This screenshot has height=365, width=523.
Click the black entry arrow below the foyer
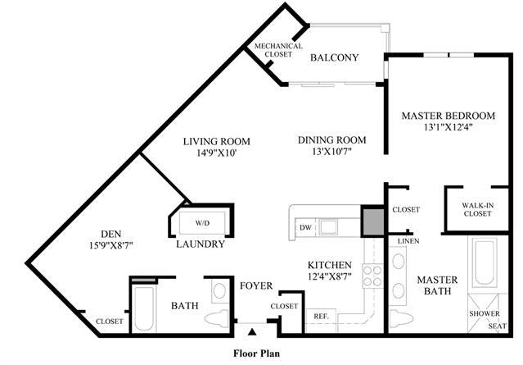click(252, 331)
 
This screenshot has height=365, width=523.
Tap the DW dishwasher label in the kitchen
click(305, 228)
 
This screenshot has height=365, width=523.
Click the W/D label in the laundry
click(202, 223)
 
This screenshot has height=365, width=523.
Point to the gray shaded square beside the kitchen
click(373, 221)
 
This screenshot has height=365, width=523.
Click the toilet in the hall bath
click(217, 318)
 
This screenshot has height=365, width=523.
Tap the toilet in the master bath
click(401, 319)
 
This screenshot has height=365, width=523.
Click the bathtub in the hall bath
click(144, 308)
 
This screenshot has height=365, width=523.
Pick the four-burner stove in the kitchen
click(372, 276)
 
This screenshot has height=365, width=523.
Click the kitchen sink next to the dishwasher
click(328, 227)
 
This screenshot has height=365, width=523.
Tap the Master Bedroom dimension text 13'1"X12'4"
click(449, 127)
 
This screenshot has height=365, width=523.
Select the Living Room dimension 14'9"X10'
click(217, 153)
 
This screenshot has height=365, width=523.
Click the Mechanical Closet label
click(278, 50)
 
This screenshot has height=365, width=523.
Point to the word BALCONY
click(334, 57)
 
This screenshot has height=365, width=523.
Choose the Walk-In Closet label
click(478, 210)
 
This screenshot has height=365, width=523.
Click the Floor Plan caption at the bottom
click(256, 354)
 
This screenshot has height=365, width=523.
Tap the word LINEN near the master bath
click(408, 241)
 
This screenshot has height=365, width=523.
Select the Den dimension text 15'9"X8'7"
click(111, 246)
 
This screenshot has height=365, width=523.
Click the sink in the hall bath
click(219, 291)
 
